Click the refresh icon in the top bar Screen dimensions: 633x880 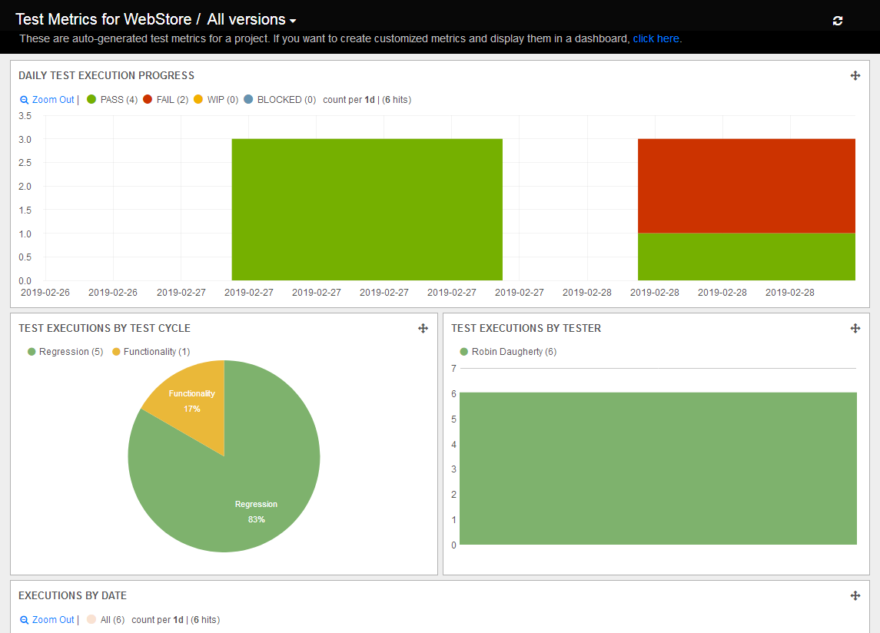838,21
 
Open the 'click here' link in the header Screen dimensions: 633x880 656,38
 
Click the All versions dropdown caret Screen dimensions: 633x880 293,22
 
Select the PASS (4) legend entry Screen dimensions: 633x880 112,100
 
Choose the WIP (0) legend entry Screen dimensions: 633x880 216,100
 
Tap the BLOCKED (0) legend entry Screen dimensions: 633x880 280,100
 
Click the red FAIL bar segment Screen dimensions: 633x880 746,185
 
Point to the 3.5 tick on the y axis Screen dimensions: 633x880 25,116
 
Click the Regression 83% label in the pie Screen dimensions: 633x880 256,512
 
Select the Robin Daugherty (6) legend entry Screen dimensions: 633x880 507,352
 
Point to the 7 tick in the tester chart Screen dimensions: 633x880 453,369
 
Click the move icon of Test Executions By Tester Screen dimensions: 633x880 855,328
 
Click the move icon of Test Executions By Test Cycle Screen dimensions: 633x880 422,328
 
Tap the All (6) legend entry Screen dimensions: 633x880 106,620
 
